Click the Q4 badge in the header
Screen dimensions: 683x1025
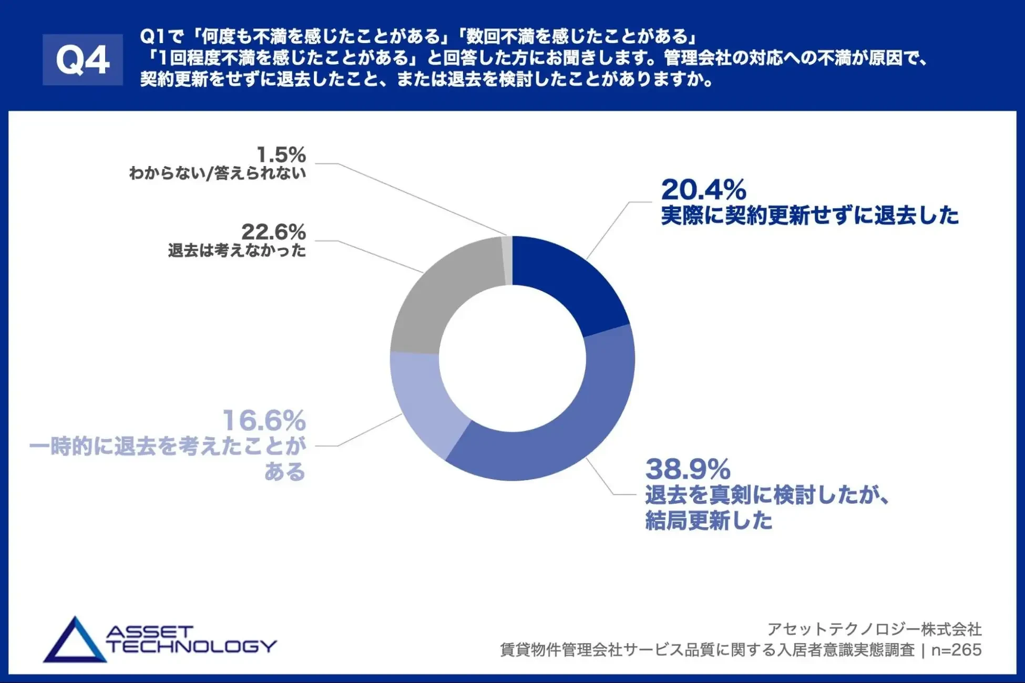tap(83, 59)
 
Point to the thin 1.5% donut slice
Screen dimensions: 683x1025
tap(507, 261)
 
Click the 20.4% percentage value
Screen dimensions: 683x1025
tap(703, 190)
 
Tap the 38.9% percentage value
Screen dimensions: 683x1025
tap(688, 469)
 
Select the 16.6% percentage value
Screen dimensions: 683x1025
tap(264, 420)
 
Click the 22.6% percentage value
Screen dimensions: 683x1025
tap(273, 232)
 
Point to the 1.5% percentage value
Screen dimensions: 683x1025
tap(281, 155)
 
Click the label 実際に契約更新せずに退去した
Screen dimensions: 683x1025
tap(809, 215)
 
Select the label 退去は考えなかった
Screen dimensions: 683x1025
tap(237, 251)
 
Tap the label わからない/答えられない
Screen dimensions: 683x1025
tap(217, 173)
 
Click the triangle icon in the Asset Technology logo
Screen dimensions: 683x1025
tap(75, 642)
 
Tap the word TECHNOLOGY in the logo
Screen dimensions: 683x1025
tap(192, 646)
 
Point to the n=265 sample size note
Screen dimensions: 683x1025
tap(956, 650)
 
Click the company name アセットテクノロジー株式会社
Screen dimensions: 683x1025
tap(874, 629)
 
